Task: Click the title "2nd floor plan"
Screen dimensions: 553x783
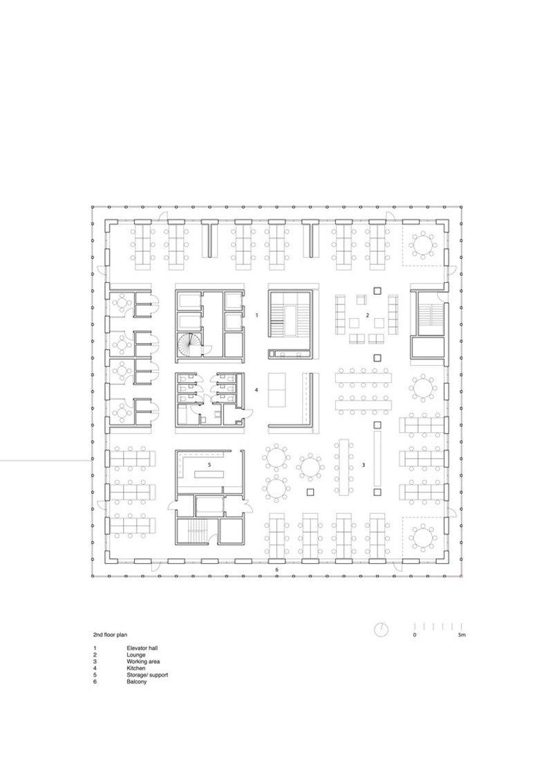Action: (x=111, y=635)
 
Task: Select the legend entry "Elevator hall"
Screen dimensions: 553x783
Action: (x=142, y=648)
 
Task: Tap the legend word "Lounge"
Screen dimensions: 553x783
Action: (x=136, y=654)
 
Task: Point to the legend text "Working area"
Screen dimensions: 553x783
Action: (x=143, y=662)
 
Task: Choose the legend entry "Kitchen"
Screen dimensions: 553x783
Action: (x=136, y=668)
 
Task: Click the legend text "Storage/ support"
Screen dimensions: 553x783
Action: (x=147, y=674)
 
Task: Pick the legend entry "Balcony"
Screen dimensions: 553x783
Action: (x=137, y=681)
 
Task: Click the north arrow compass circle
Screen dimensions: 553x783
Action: (x=382, y=629)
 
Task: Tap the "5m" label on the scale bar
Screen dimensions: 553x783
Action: (x=462, y=635)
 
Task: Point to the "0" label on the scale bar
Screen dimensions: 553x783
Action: (x=414, y=635)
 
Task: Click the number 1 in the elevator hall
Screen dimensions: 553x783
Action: (x=256, y=315)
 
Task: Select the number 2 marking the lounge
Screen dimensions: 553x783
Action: (x=368, y=315)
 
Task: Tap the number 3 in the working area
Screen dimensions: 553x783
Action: (x=364, y=465)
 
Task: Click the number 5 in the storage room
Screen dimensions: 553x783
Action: (x=209, y=465)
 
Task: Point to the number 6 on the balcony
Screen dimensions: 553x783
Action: (x=277, y=570)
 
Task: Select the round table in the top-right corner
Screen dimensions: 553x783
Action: (x=424, y=245)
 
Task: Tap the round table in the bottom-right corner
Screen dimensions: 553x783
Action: (x=424, y=537)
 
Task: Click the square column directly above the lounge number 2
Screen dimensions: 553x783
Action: (x=377, y=291)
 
